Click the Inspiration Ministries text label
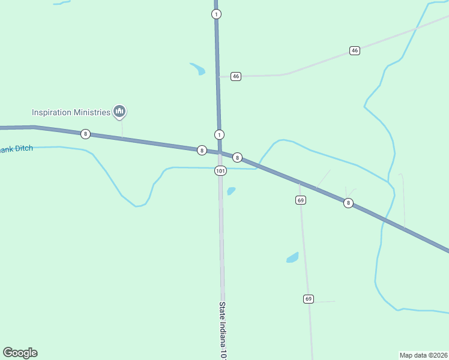(x=71, y=112)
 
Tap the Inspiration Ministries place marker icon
(x=119, y=111)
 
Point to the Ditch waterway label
(x=16, y=149)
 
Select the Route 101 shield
(x=220, y=171)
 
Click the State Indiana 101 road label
(x=222, y=330)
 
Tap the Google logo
(x=20, y=353)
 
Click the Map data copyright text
(x=423, y=355)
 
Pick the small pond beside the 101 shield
(x=231, y=191)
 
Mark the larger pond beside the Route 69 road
(x=292, y=257)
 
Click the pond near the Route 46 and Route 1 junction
(x=198, y=69)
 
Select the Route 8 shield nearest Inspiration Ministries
(x=86, y=134)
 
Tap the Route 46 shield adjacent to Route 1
(x=236, y=76)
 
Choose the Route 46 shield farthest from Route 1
(x=355, y=50)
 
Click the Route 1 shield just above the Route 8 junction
(x=219, y=134)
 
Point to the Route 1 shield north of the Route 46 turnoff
(x=216, y=14)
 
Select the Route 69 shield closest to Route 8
(x=301, y=200)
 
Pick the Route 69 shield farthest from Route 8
(x=309, y=299)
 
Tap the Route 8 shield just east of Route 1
(x=238, y=158)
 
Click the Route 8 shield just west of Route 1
(x=202, y=150)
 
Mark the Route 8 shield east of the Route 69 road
(x=348, y=203)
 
